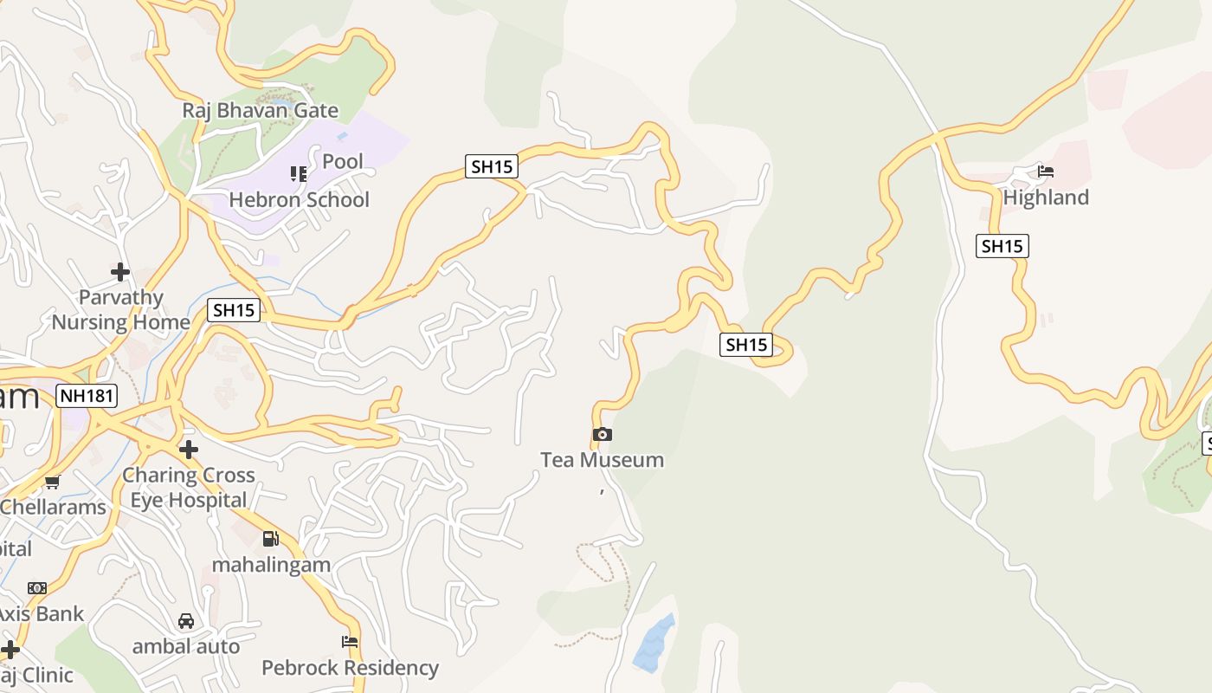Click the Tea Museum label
(602, 460)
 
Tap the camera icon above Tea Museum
(603, 434)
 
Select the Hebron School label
(300, 200)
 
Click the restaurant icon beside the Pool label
(299, 174)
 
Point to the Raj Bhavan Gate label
(260, 111)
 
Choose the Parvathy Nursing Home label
(121, 310)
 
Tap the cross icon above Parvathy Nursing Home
(120, 272)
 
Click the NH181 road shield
(87, 397)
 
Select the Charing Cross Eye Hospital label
(189, 488)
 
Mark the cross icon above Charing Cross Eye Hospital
(188, 449)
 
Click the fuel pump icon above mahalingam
(271, 539)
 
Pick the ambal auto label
(186, 646)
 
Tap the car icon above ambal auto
(186, 620)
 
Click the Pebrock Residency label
(350, 668)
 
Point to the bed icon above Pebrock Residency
(350, 642)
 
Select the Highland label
(1046, 198)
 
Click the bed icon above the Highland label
(1046, 172)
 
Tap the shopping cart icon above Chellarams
(53, 483)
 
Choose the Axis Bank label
(41, 614)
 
